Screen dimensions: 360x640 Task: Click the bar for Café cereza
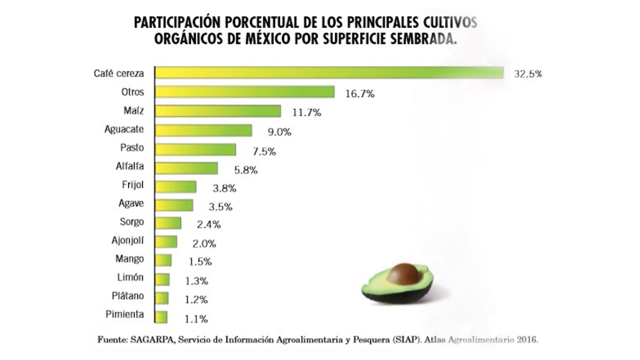[x=329, y=73]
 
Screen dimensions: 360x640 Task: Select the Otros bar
[x=245, y=92]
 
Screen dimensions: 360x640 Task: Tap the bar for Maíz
[x=218, y=111]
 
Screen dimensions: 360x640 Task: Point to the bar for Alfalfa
[x=187, y=168]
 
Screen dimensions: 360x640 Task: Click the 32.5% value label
[x=528, y=74]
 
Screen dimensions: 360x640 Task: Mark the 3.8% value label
[x=221, y=188]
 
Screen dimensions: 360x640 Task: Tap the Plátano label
[x=127, y=296]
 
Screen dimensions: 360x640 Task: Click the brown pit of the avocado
[x=405, y=273]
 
